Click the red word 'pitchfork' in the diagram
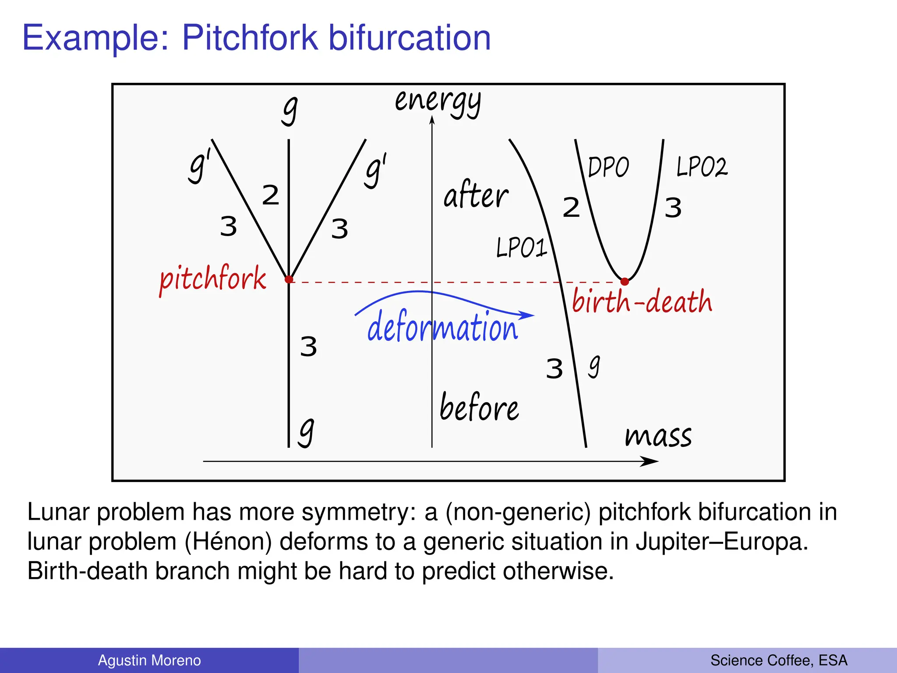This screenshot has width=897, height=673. [x=213, y=279]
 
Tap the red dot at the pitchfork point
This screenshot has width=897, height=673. [x=289, y=279]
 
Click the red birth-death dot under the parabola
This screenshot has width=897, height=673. [x=625, y=281]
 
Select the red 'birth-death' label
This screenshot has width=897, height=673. [x=642, y=302]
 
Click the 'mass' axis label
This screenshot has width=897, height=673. [x=658, y=436]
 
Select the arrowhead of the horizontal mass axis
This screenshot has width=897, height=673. [x=650, y=461]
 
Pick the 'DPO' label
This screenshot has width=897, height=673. [x=608, y=167]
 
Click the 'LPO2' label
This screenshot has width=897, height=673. [x=702, y=167]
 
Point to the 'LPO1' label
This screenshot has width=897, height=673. [x=521, y=248]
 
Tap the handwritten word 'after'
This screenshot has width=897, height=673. [x=476, y=195]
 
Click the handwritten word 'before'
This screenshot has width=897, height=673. [x=479, y=408]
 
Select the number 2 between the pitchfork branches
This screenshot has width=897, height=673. [x=270, y=195]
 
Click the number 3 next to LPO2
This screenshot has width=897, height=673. [x=673, y=208]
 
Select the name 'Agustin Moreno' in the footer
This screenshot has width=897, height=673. [x=149, y=660]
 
